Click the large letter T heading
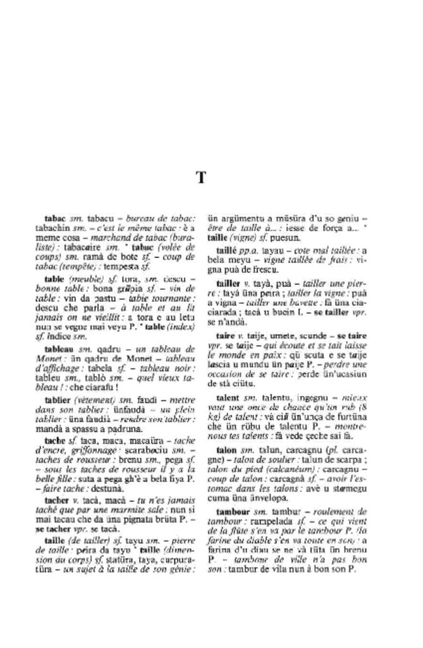[x=201, y=178]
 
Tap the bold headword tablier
[x=58, y=400]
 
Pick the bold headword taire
[x=224, y=334]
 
